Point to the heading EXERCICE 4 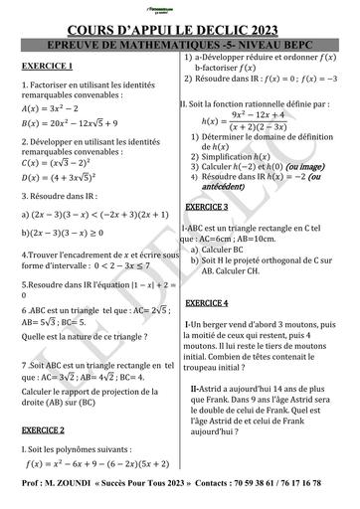(x=207, y=302)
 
